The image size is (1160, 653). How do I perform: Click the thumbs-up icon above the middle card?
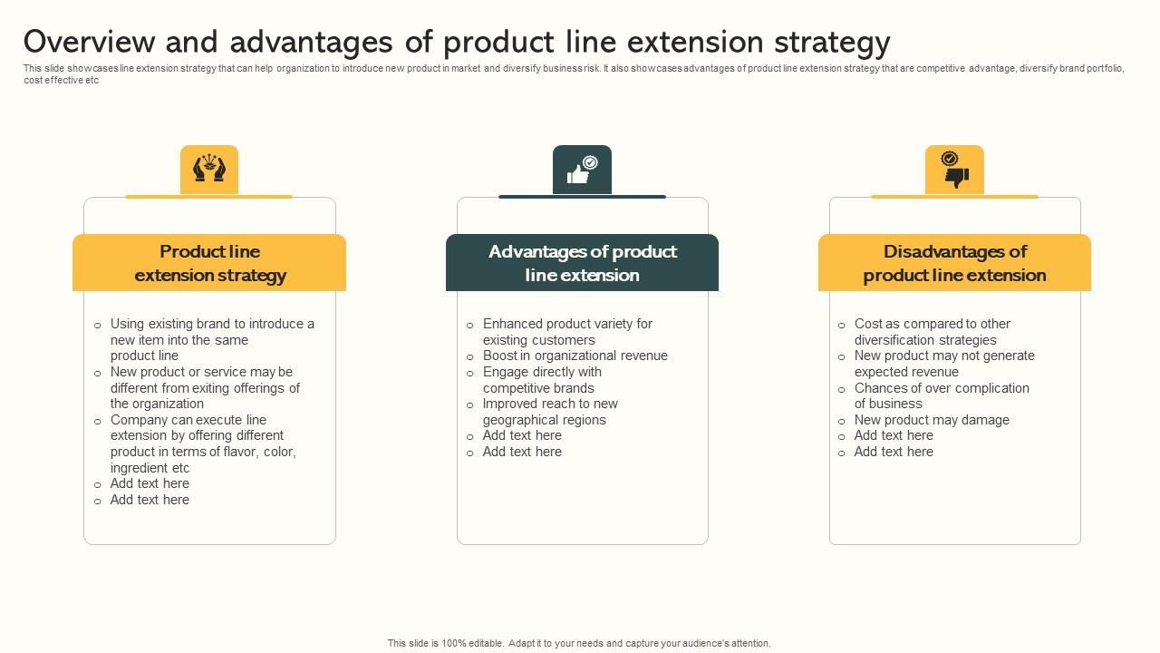pyautogui.click(x=581, y=170)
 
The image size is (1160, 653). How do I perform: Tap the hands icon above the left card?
pyautogui.click(x=209, y=170)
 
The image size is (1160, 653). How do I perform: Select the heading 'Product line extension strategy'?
pyautogui.click(x=209, y=263)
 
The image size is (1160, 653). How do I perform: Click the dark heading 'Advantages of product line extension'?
pyautogui.click(x=582, y=263)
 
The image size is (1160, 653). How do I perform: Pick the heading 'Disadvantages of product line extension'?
pyautogui.click(x=954, y=263)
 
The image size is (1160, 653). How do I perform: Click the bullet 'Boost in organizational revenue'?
pyautogui.click(x=575, y=356)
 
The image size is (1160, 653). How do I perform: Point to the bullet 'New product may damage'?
pyautogui.click(x=931, y=420)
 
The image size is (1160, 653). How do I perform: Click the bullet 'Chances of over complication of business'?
pyautogui.click(x=941, y=395)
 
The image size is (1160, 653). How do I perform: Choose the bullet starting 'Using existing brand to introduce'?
pyautogui.click(x=211, y=339)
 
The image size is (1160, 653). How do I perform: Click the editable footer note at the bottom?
pyautogui.click(x=579, y=643)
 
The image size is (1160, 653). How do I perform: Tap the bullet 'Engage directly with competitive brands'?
pyautogui.click(x=541, y=380)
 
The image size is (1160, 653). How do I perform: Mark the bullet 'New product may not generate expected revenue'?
pyautogui.click(x=943, y=364)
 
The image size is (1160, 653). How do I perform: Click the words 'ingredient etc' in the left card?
pyautogui.click(x=150, y=468)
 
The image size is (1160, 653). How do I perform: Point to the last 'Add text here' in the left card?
pyautogui.click(x=150, y=500)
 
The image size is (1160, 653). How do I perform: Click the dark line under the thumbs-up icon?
pyautogui.click(x=582, y=196)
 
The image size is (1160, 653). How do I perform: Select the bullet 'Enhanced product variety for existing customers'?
pyautogui.click(x=566, y=331)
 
